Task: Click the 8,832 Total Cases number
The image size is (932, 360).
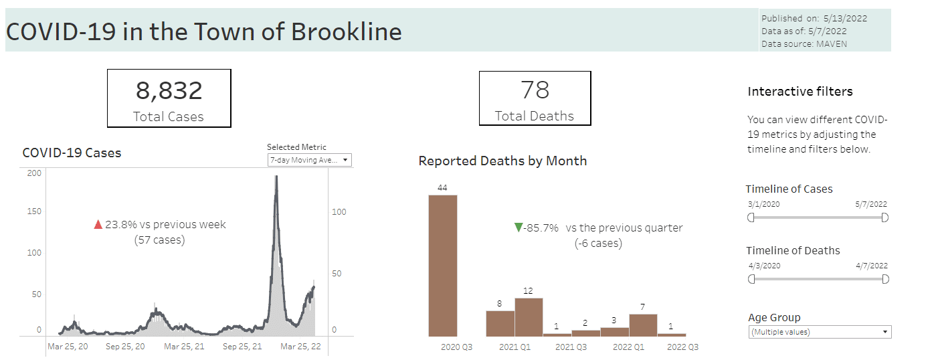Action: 169,90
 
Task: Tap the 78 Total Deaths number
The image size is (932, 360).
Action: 535,90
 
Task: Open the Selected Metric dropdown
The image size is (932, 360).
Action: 309,160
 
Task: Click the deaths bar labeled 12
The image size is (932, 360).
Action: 529,317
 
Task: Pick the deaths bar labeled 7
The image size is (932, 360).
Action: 643,325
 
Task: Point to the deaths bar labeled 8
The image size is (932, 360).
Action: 500,323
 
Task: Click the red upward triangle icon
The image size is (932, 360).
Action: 98,225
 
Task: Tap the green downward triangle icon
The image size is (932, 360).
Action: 518,228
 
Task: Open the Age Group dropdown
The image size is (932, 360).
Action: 820,332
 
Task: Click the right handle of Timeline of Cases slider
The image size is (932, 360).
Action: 884,217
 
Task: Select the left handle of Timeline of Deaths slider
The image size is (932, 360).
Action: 751,279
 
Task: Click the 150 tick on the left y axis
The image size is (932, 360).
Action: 33,211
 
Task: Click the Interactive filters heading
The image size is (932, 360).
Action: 800,92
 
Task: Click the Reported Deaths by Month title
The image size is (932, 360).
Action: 502,161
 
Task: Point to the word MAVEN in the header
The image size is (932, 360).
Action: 831,43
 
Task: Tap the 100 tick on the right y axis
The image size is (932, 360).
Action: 340,211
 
